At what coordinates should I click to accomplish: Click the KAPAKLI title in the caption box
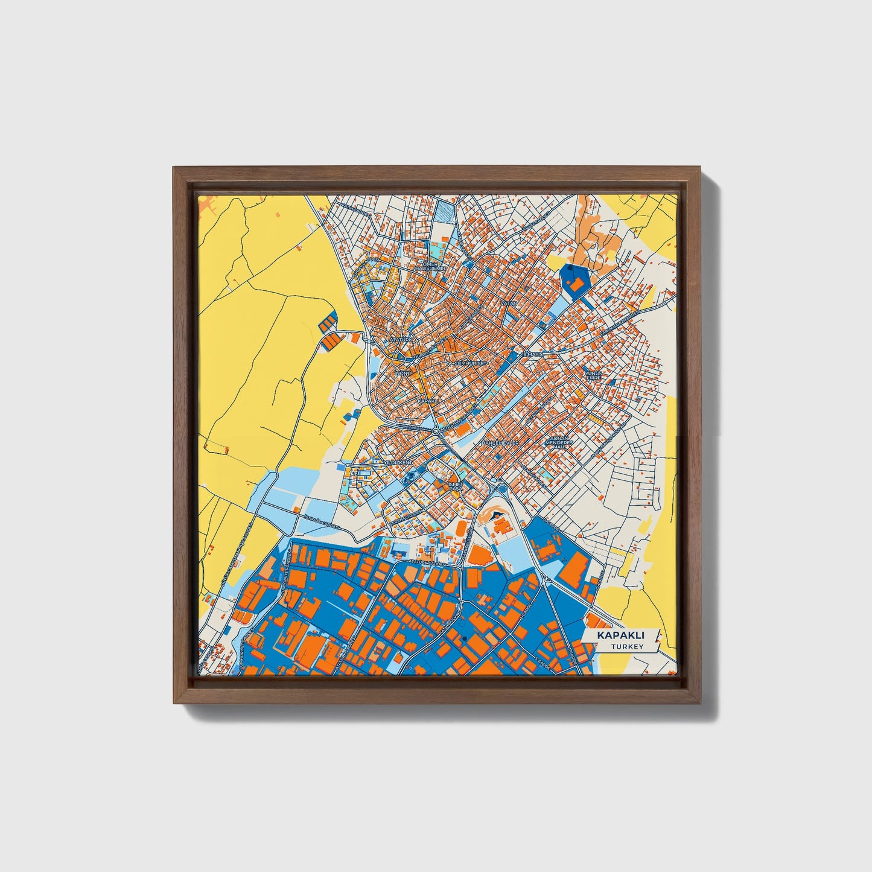[x=620, y=636]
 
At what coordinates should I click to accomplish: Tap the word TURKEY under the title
[x=627, y=647]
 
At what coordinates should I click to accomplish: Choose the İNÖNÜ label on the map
[x=403, y=373]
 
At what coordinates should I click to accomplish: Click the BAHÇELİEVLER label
[x=500, y=444]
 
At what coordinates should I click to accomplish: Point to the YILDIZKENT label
[x=398, y=462]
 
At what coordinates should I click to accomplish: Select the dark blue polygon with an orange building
[x=576, y=281]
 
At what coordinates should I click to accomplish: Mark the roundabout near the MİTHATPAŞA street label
[x=436, y=431]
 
